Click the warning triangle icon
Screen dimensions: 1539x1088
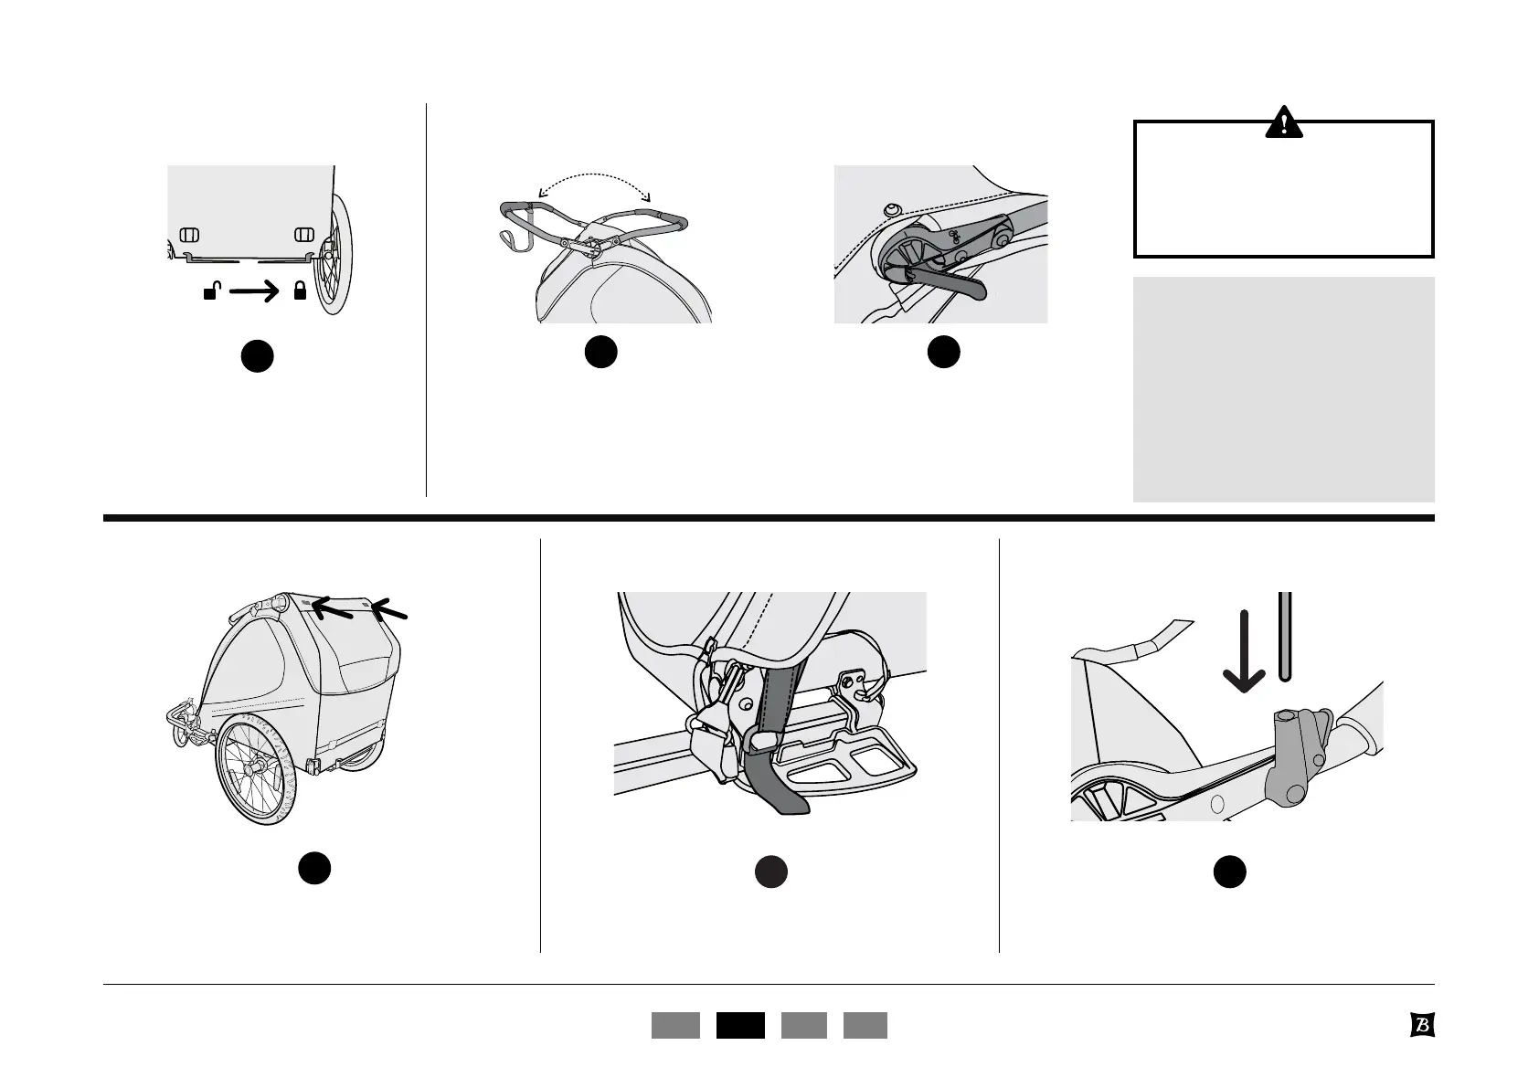[1283, 122]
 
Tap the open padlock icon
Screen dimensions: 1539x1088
[211, 292]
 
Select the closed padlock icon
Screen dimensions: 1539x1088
[299, 292]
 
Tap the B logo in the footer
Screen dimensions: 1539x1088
[1421, 1025]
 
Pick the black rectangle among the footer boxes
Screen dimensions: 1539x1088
[740, 1025]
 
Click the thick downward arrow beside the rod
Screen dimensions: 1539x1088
[1244, 650]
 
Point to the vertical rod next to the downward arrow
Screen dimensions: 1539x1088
[1284, 636]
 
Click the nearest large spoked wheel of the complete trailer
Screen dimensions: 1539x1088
[257, 769]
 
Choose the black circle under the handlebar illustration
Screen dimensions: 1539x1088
[600, 353]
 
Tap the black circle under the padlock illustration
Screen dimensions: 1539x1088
[258, 356]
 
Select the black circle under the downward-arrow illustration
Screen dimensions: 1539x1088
[1229, 872]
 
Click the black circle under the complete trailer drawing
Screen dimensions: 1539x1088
[313, 868]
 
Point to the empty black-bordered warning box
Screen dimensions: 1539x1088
[1283, 196]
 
